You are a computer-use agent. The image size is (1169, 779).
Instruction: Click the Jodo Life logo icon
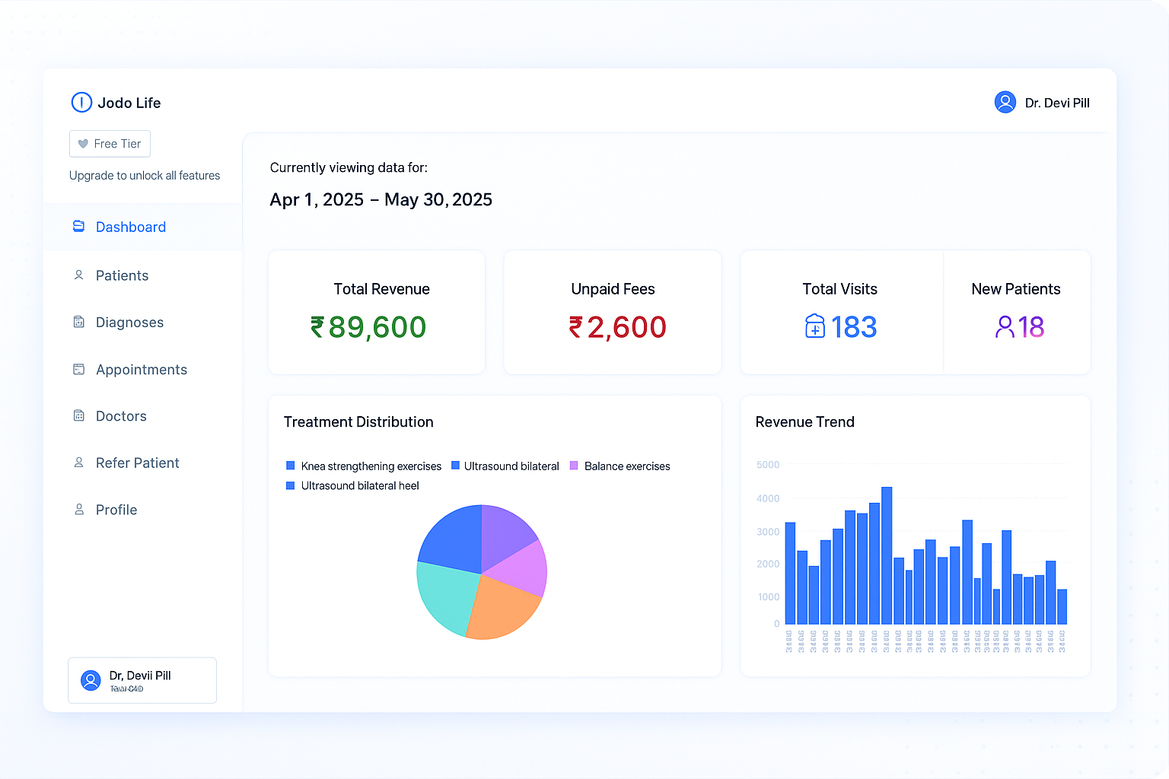[81, 103]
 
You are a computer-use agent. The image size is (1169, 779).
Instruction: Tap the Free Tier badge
[110, 144]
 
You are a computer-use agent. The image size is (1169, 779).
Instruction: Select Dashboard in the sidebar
[130, 227]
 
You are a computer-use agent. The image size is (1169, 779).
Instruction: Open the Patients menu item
[122, 275]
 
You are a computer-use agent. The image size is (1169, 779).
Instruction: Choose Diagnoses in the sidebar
[129, 323]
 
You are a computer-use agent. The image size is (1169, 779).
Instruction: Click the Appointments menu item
[141, 370]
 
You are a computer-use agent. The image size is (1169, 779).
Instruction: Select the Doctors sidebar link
[121, 416]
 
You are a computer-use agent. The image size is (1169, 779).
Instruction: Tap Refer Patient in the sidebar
[137, 463]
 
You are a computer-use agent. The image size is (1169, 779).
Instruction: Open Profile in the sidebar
[116, 510]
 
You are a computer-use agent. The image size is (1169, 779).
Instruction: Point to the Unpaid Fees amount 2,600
[626, 327]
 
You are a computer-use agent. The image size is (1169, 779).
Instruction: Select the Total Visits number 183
[853, 327]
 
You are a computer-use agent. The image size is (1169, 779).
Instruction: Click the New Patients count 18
[1030, 327]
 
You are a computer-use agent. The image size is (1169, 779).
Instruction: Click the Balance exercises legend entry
[626, 466]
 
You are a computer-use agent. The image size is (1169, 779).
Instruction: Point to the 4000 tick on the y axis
[768, 498]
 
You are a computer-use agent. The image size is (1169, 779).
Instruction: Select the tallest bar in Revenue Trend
[887, 555]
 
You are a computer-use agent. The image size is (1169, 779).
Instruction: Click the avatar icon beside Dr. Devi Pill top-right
[1005, 102]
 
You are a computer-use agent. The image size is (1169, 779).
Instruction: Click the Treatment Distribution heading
[358, 422]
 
